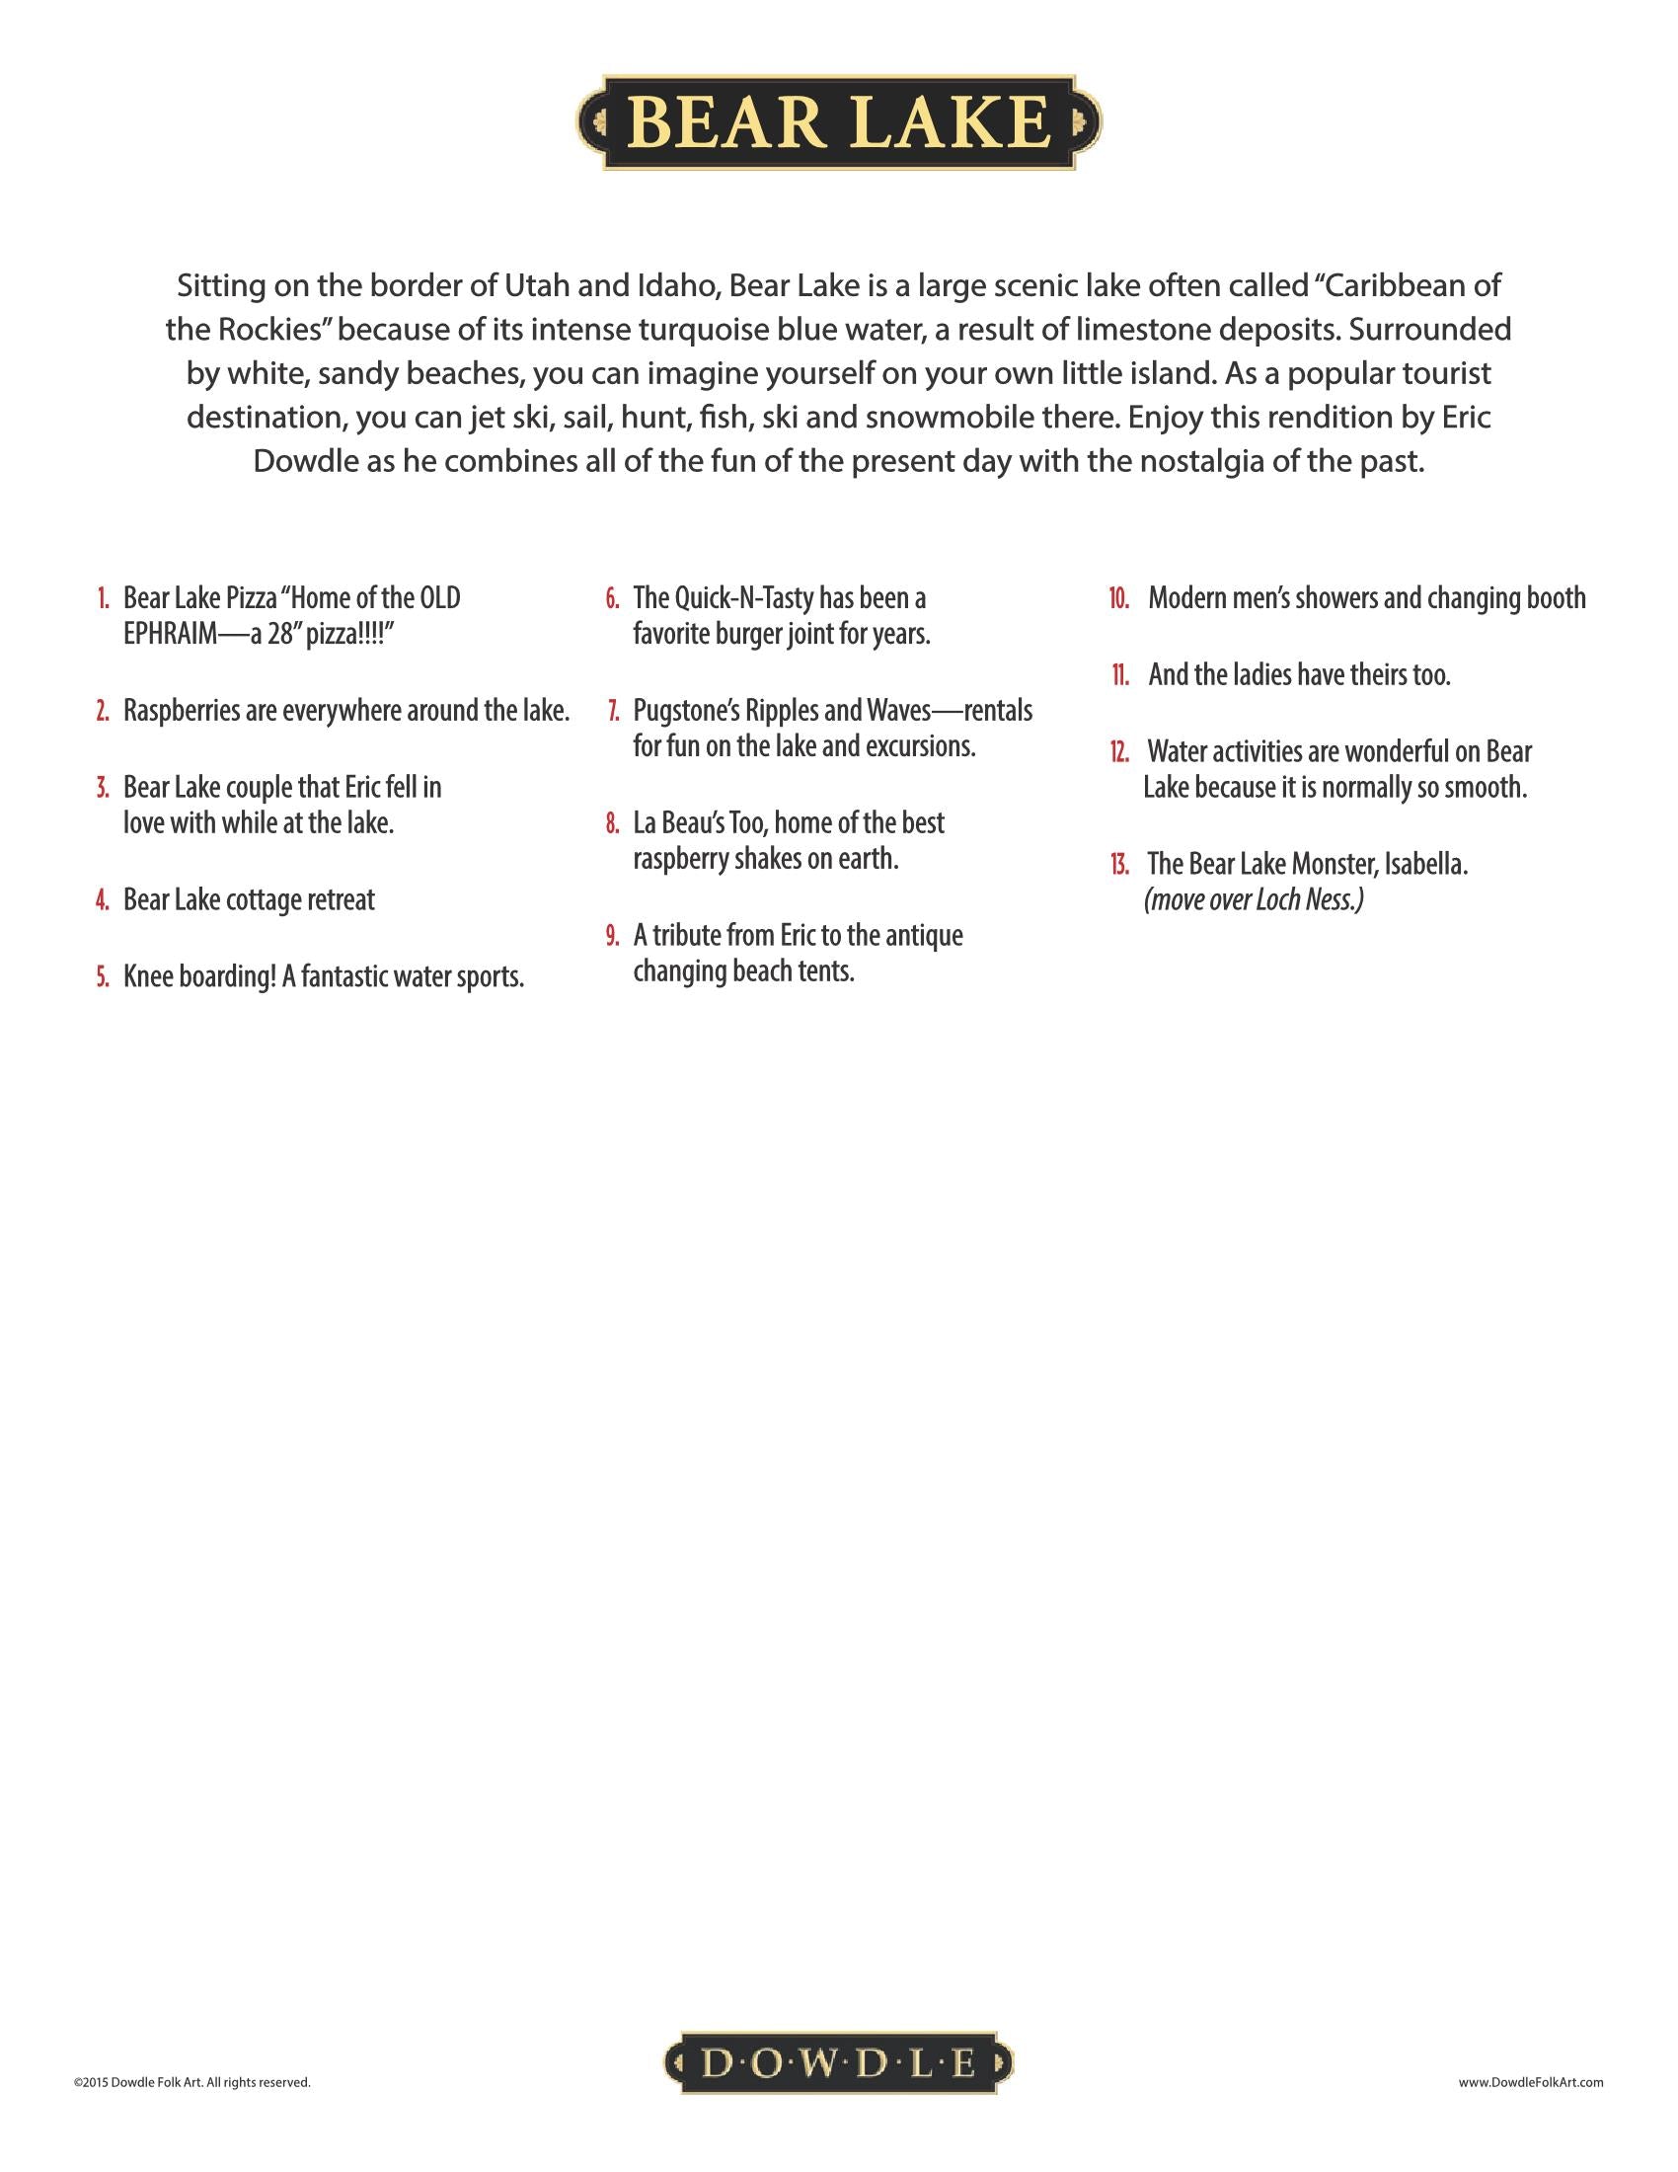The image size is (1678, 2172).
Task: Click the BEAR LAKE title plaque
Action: [838, 122]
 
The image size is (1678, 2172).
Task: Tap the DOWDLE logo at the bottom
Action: [838, 2063]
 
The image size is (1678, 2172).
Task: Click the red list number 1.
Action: [104, 598]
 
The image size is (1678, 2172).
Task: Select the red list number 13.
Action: [1119, 864]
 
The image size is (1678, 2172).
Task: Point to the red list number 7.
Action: [613, 711]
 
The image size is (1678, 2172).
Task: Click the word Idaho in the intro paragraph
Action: [673, 286]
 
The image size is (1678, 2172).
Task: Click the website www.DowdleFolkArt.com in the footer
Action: [1531, 2081]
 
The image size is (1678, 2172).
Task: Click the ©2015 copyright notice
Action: [191, 2081]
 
